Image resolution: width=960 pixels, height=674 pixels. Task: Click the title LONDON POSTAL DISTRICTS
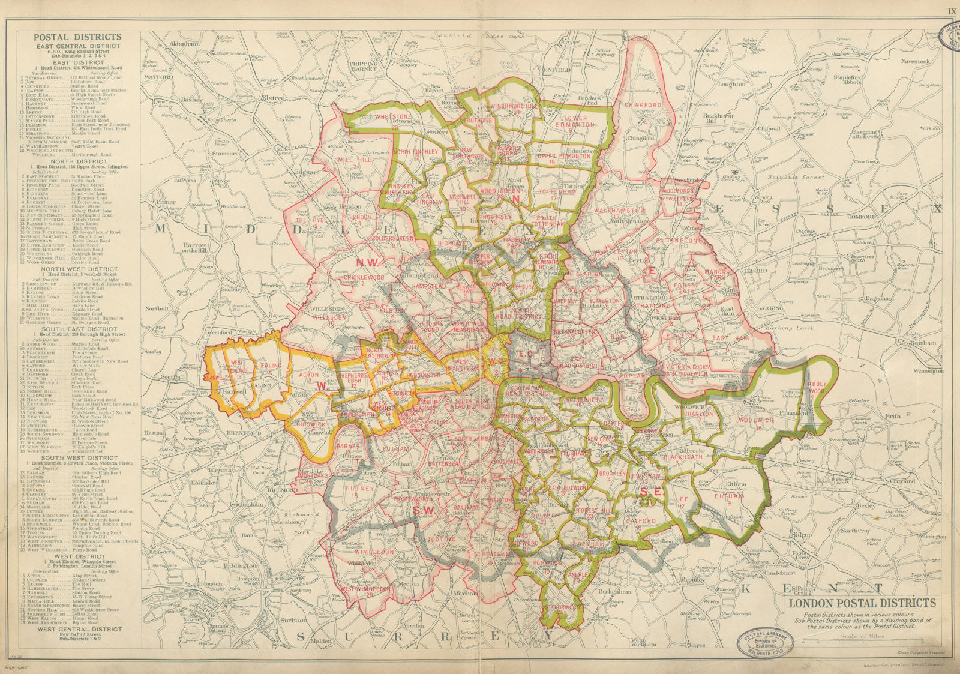[862, 603]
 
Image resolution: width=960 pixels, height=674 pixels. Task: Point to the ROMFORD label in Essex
[862, 216]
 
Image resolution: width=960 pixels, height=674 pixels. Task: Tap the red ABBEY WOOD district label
[817, 387]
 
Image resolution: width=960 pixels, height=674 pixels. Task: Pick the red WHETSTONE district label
[394, 117]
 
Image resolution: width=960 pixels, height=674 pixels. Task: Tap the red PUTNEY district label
[360, 489]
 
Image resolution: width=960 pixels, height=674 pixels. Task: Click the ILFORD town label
[757, 271]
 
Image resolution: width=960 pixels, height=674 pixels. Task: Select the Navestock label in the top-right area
[914, 61]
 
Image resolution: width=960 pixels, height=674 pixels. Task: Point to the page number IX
[950, 11]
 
